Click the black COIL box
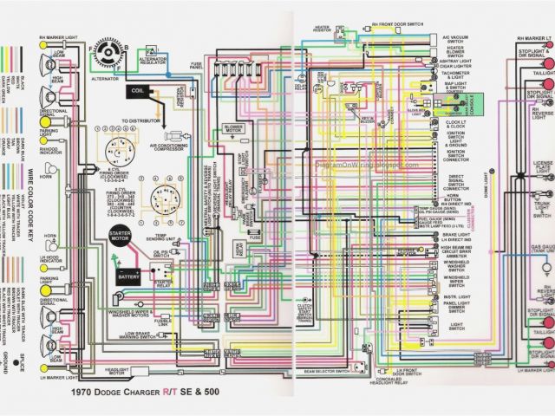pyautogui.click(x=138, y=91)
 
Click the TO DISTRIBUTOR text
pyautogui.click(x=143, y=120)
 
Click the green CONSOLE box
pyautogui.click(x=472, y=106)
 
